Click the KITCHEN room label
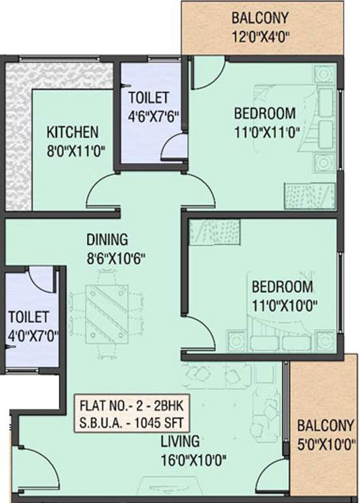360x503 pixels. [x=72, y=132]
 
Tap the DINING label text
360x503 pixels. [x=107, y=239]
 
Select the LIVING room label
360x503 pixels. [x=183, y=441]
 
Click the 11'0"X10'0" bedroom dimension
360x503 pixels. [x=283, y=305]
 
